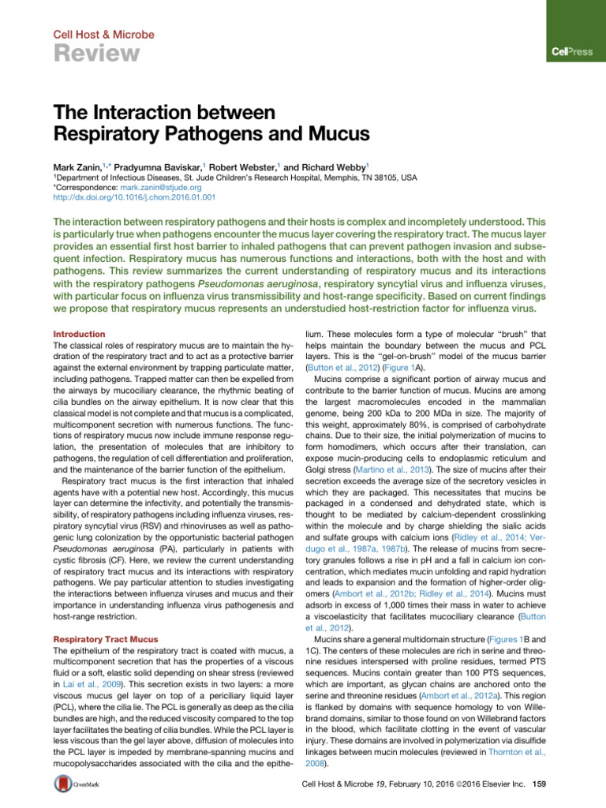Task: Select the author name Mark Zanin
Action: [x=77, y=168]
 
